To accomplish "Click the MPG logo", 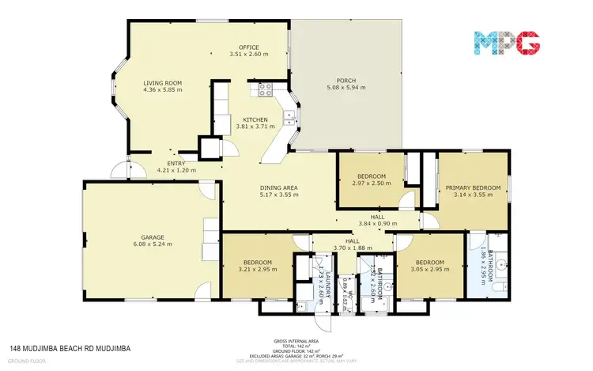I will click(507, 42).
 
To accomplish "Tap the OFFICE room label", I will click(250, 47).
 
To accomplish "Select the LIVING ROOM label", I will click(162, 82).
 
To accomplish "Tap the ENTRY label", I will click(176, 163).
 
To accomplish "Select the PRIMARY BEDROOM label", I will click(473, 187).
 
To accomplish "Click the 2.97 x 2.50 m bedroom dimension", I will click(371, 183).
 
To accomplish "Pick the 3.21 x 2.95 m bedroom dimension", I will click(258, 270).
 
